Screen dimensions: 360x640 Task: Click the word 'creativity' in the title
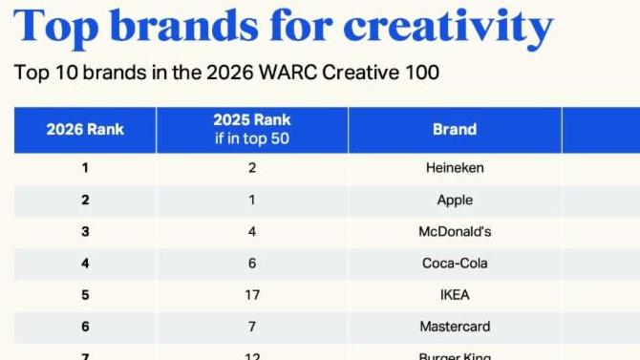448,27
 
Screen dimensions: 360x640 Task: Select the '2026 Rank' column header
85,129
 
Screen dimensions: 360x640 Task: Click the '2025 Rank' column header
252,120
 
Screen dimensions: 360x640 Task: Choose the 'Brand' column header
455,129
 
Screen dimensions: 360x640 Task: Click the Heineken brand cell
455,168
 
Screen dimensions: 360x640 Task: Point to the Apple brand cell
455,200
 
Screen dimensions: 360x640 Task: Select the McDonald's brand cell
455,231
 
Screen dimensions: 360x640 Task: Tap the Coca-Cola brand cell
455,263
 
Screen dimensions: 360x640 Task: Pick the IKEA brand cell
455,294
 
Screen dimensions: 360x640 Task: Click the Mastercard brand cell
455,326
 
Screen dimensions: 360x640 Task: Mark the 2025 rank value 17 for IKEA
252,294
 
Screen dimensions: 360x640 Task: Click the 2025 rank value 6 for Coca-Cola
252,263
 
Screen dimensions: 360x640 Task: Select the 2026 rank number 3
85,231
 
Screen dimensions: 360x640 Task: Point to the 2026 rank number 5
85,294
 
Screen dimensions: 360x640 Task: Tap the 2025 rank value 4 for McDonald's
252,231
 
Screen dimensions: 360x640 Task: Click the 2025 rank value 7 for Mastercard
252,326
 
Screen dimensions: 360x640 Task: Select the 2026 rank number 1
85,168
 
